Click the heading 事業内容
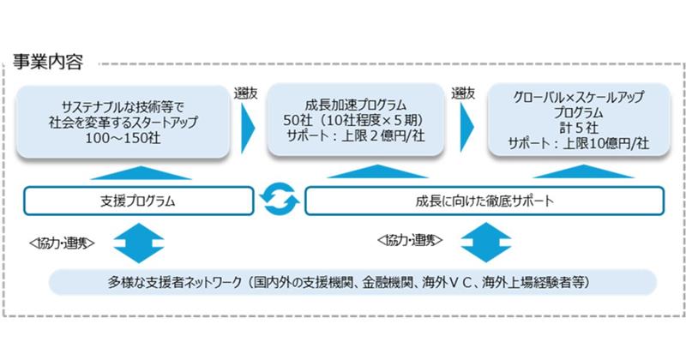(x=49, y=63)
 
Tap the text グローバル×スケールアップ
(x=576, y=97)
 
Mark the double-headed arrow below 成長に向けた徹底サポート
(x=479, y=243)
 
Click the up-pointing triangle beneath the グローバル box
(x=576, y=171)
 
